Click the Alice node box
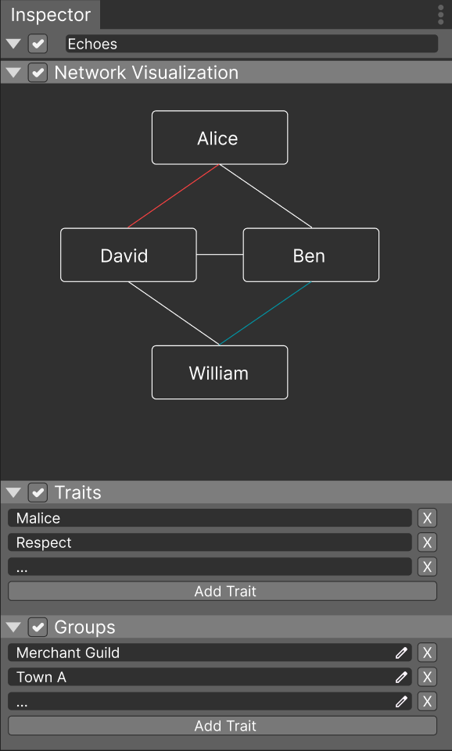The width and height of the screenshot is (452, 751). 220,138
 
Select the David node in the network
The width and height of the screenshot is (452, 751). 128,255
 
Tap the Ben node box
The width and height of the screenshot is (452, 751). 311,255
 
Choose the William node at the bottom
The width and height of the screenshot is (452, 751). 220,372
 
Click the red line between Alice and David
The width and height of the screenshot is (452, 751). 174,196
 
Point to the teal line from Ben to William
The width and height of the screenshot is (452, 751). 265,313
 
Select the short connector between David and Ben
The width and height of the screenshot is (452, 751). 220,255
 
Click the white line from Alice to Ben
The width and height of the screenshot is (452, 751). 266,196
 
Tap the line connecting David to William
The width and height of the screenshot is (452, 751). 174,313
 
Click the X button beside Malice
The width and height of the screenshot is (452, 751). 427,518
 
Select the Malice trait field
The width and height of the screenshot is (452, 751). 210,518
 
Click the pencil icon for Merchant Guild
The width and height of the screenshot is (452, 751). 401,653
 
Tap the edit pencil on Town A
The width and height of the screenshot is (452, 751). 401,678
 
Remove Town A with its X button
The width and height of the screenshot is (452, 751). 427,678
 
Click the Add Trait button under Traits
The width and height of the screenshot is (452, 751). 222,591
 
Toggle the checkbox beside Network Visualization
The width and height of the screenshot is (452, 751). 38,73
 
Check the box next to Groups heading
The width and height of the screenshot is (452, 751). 38,627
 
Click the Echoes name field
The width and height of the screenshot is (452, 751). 252,44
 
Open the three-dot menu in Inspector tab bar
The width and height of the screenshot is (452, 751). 441,15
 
